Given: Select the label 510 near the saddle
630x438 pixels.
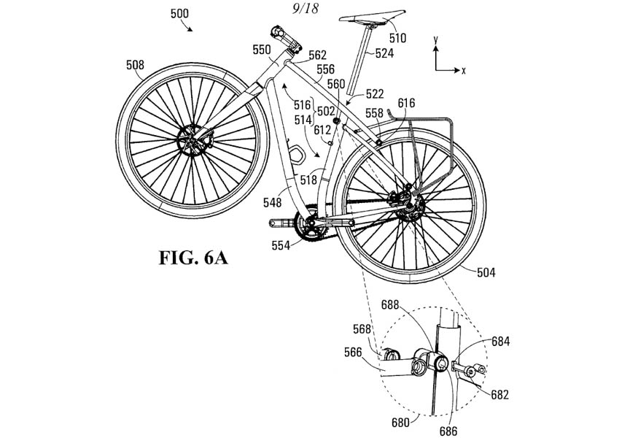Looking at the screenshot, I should [x=397, y=37].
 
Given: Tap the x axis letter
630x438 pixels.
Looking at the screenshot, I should [x=463, y=70].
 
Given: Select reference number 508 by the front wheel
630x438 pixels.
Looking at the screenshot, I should [x=135, y=64].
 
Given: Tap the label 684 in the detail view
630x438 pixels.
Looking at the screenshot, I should [x=500, y=341].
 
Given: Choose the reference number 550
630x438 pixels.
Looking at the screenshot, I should [x=262, y=50].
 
